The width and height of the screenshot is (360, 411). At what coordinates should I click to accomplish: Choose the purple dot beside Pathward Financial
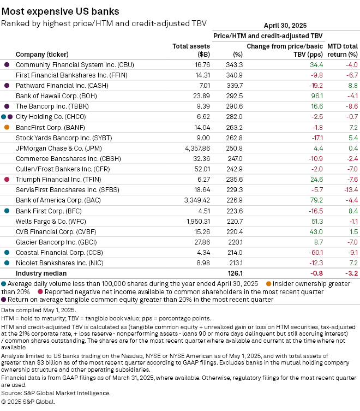7,86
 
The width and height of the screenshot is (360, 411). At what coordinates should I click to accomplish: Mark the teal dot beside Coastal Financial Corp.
7,252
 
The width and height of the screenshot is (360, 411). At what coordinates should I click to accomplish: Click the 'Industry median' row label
41,273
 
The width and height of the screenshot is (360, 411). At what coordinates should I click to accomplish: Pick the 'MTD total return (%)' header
342,50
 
